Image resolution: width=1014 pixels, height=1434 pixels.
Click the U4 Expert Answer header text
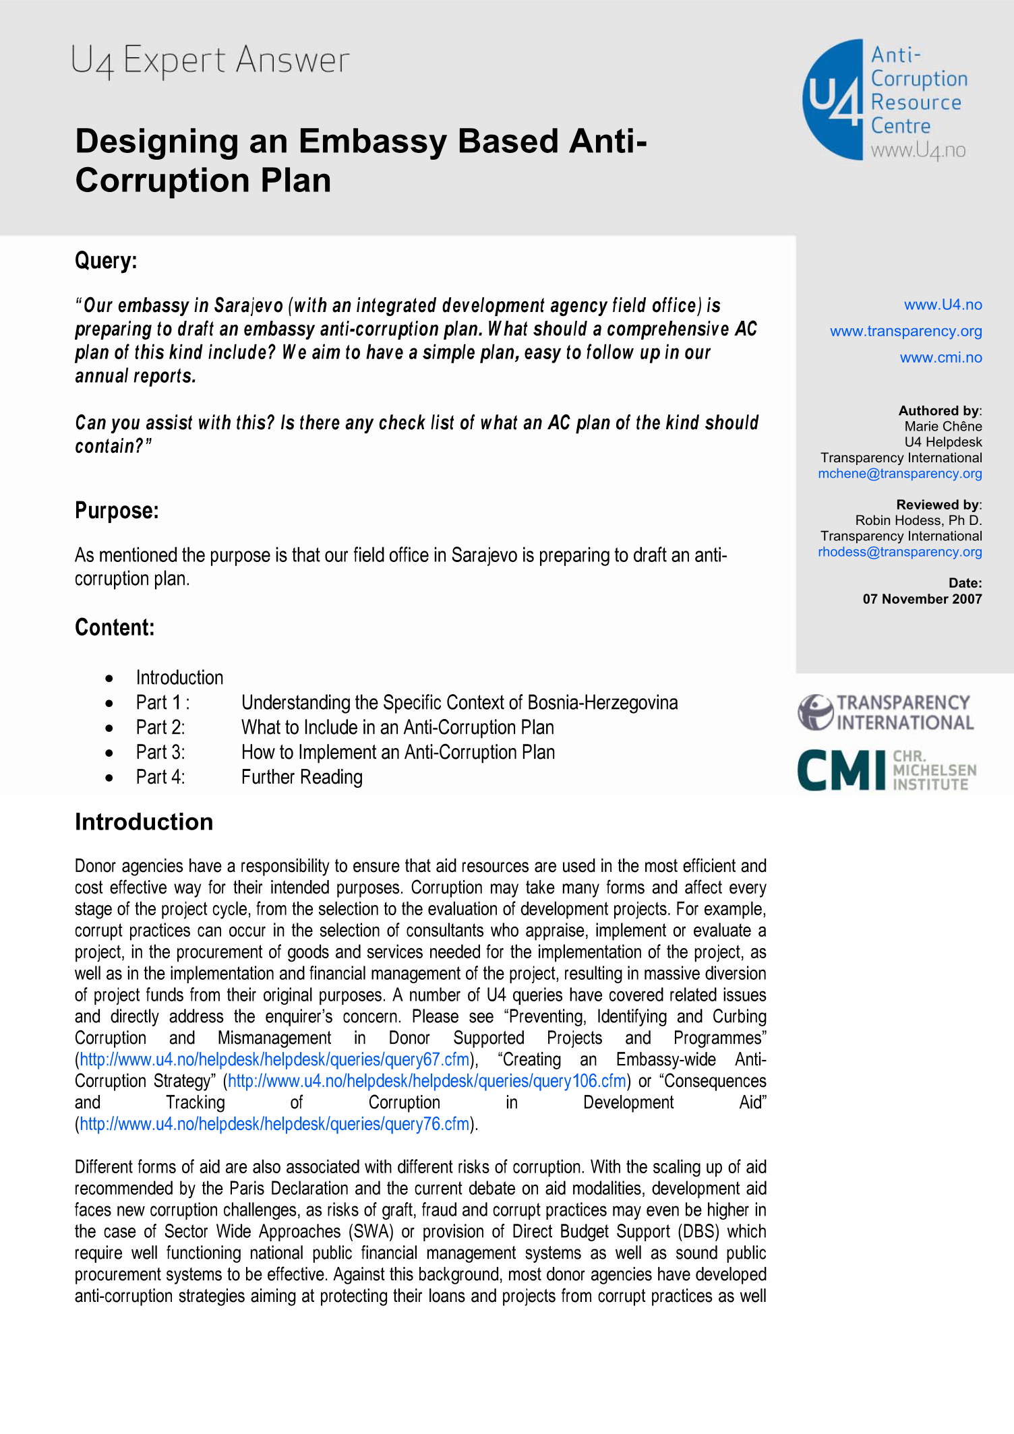point(210,60)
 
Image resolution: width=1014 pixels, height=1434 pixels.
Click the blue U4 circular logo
point(833,100)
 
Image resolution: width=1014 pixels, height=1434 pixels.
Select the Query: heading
point(106,261)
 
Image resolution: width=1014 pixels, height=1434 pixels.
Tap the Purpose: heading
point(117,511)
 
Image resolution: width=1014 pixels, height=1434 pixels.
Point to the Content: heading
point(115,627)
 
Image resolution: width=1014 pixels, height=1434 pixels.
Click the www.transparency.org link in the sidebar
point(905,331)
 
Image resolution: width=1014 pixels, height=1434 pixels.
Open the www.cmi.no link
point(941,357)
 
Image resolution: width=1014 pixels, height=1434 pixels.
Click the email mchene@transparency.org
point(899,474)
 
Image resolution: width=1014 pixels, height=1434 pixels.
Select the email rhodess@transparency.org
point(899,552)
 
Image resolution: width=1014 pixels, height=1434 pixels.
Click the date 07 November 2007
point(922,599)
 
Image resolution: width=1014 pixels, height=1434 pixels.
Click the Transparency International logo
point(885,713)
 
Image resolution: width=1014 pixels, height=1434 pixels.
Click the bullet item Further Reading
point(301,778)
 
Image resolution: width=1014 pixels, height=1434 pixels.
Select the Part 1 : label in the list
point(162,703)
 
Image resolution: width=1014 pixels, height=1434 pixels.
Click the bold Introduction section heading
point(144,822)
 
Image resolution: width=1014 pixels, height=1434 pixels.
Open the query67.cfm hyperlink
point(274,1060)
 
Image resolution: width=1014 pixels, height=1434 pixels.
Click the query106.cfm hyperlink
point(427,1082)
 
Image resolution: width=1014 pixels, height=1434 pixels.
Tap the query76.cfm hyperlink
point(274,1124)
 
